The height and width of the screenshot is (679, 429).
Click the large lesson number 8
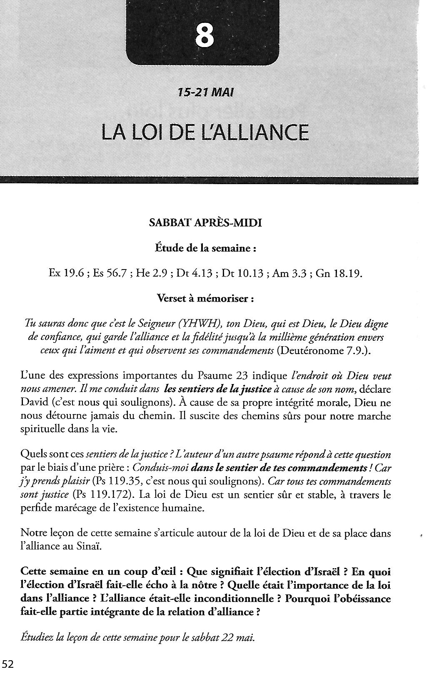tap(205, 36)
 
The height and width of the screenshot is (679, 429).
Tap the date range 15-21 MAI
tap(206, 92)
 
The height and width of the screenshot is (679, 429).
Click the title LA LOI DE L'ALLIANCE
tap(205, 132)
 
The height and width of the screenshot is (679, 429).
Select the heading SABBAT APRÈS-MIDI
tap(205, 223)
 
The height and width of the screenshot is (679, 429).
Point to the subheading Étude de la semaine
tap(205, 248)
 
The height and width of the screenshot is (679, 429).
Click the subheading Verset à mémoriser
tap(205, 299)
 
